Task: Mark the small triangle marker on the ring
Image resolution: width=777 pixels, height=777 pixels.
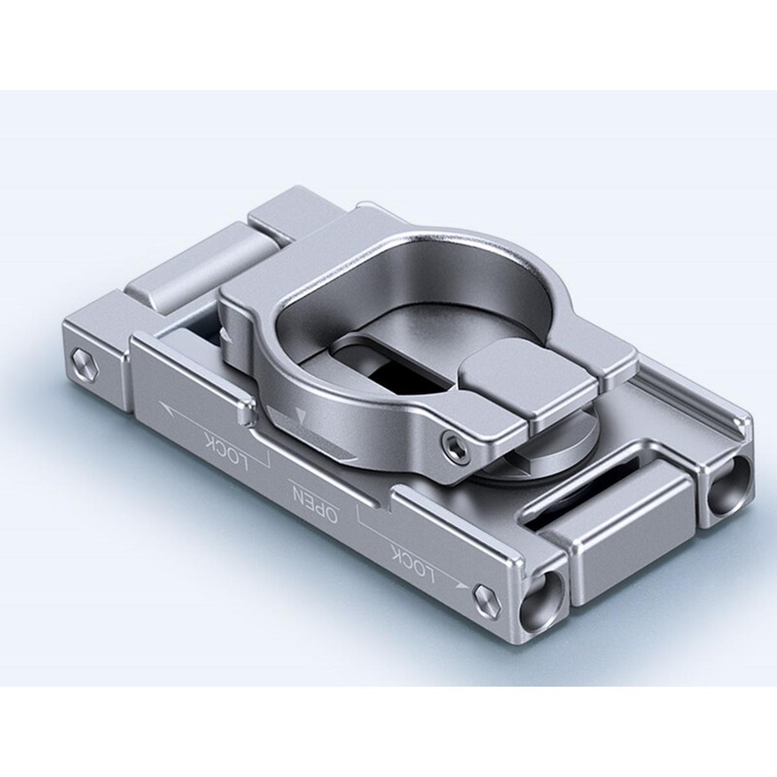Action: pos(298,413)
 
